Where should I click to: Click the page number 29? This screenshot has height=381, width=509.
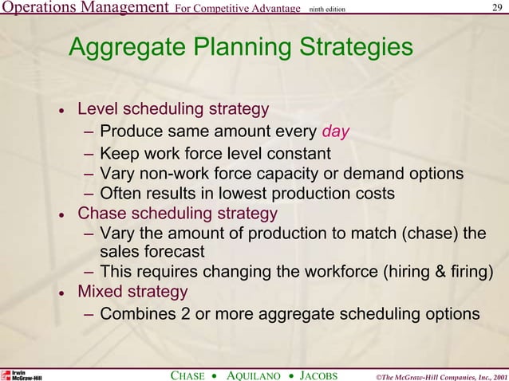[497, 8]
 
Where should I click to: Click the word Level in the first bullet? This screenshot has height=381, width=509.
[97, 108]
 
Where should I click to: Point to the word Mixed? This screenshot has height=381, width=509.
[100, 292]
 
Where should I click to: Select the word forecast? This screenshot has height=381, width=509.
[165, 252]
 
